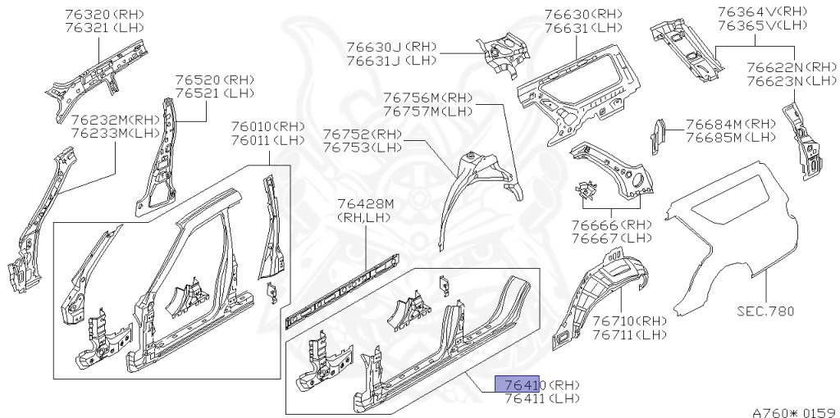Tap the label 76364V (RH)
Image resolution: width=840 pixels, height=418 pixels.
(x=762, y=11)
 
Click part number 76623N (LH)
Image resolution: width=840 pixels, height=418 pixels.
(x=790, y=81)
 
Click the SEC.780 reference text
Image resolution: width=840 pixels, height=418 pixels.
(x=764, y=311)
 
